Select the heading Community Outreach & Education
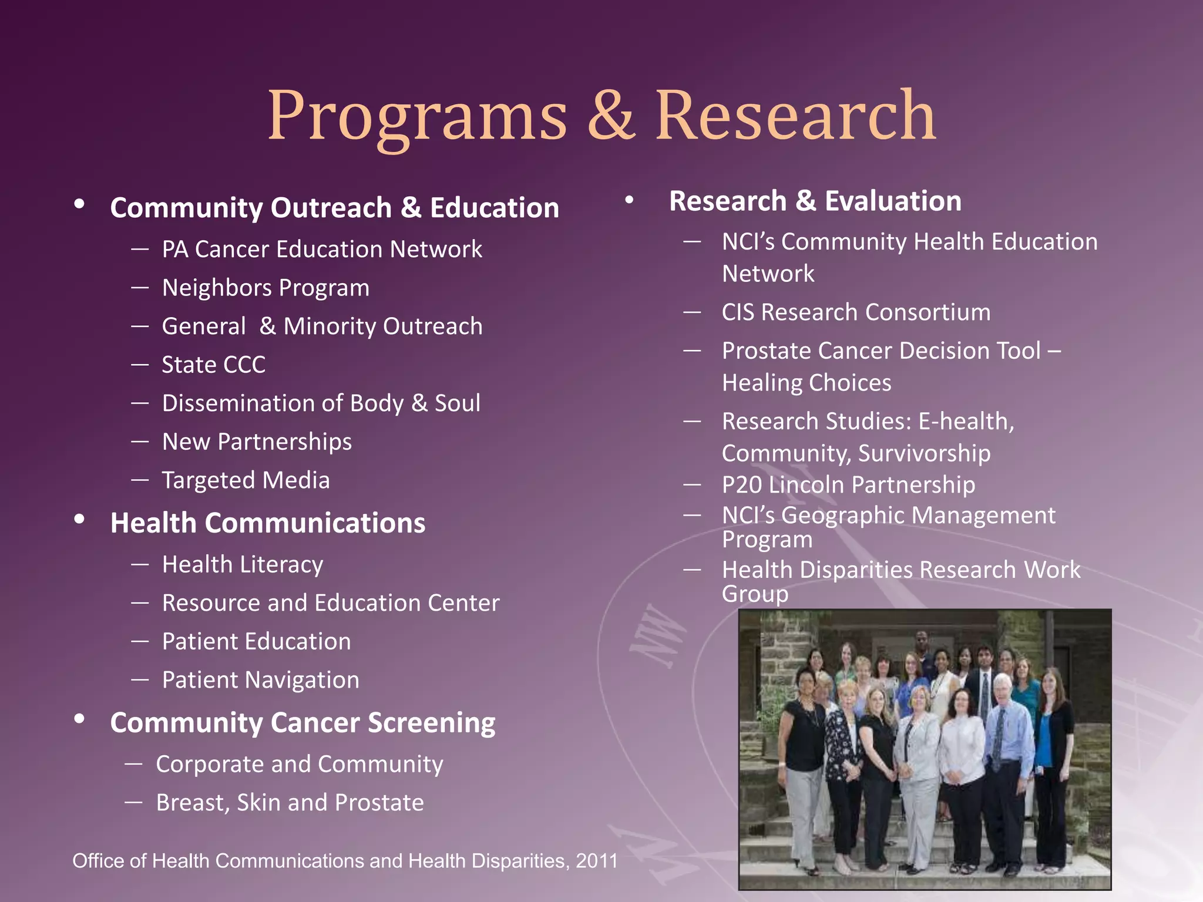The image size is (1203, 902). coord(334,208)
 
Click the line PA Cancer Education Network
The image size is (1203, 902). coord(322,249)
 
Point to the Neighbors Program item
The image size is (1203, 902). coord(266,288)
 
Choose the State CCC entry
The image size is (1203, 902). coord(213,365)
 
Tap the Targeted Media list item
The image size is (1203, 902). coord(246,480)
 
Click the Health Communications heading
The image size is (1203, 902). coord(268,523)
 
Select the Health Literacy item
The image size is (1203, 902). coord(243,564)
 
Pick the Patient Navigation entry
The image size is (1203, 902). coord(260,679)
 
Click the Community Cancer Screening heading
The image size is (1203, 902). coord(303,722)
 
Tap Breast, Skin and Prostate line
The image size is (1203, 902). coord(290,802)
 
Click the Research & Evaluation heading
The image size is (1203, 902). coord(815,201)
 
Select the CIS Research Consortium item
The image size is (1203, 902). coord(856,312)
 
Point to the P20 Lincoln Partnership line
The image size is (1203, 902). coord(848,484)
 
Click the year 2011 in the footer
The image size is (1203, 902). coord(597,861)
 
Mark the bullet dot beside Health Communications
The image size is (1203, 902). coord(80,519)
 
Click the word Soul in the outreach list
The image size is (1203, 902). coord(458,403)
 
